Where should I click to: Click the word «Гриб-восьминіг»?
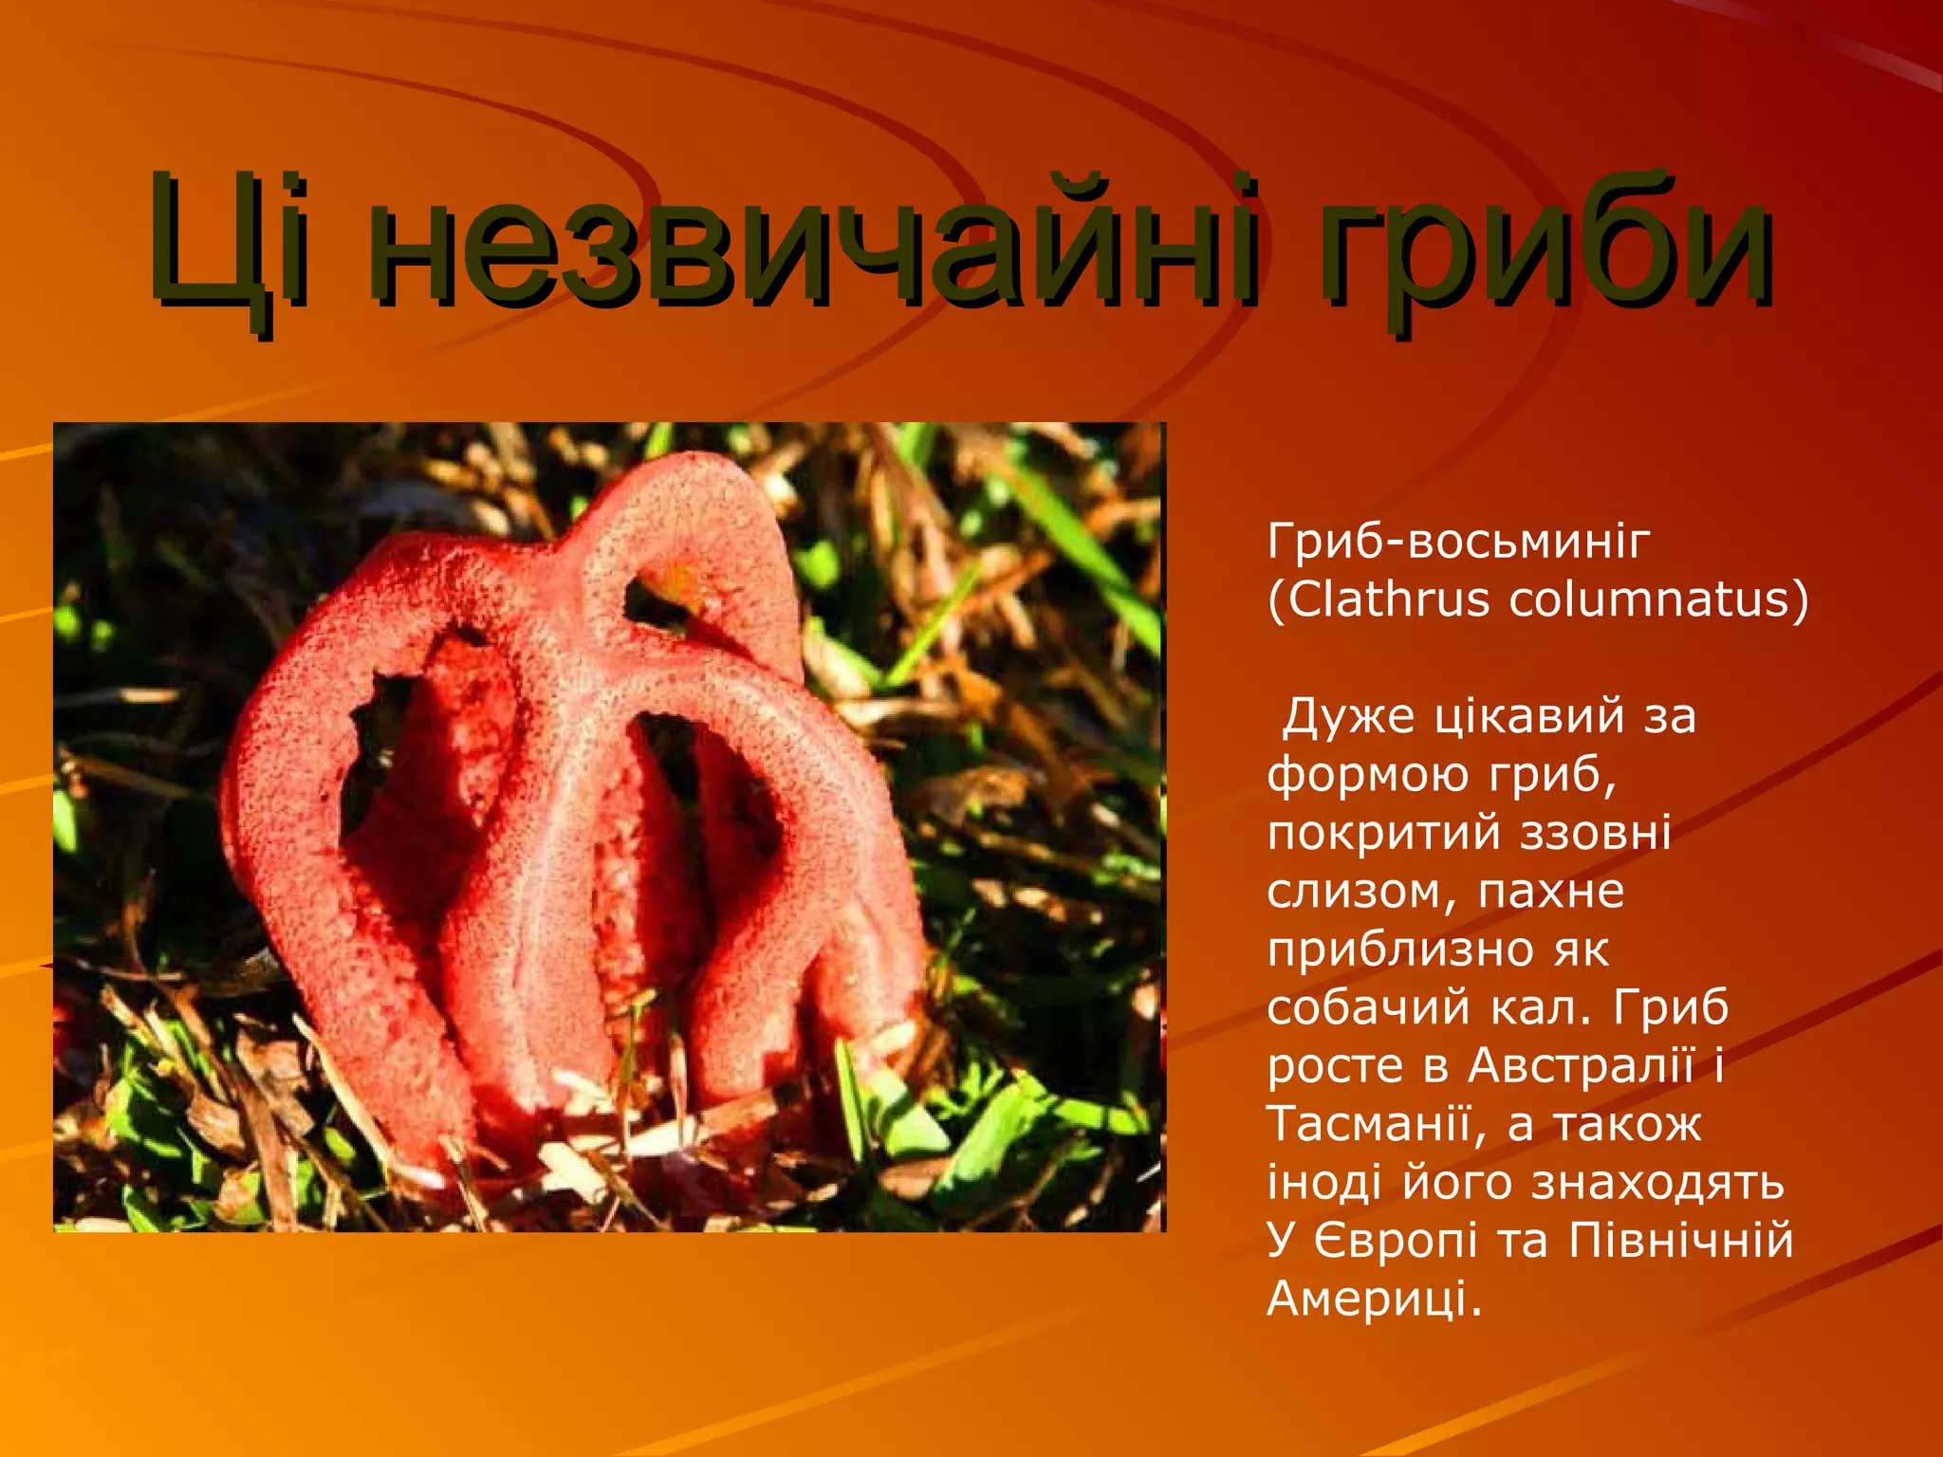click(x=1458, y=542)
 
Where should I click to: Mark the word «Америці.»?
click(x=1374, y=1300)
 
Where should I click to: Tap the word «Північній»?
click(x=1680, y=1241)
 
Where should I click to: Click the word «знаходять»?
click(x=1657, y=1183)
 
